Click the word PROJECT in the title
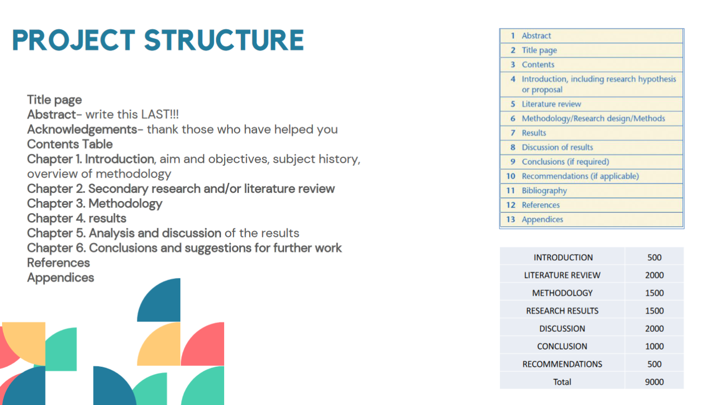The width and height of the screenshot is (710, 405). (x=74, y=40)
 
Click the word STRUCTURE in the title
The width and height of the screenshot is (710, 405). (x=224, y=40)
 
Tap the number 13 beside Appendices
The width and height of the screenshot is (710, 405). (x=510, y=219)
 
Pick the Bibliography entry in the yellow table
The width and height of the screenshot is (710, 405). (x=544, y=191)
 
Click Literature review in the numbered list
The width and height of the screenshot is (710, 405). (x=551, y=104)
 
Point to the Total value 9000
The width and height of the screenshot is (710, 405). (x=654, y=382)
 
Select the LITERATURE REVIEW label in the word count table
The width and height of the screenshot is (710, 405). (x=562, y=275)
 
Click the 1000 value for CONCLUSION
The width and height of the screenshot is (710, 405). (x=654, y=346)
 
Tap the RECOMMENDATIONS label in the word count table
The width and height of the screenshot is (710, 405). (x=562, y=364)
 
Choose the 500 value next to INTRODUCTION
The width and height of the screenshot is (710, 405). (x=654, y=257)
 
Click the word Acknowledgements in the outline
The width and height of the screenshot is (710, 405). (x=82, y=130)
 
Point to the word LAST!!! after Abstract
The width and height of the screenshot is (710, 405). (x=160, y=114)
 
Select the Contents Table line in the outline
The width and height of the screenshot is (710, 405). (x=69, y=144)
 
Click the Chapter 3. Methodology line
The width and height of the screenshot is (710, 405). (x=95, y=204)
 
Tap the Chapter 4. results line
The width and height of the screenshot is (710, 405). (x=76, y=218)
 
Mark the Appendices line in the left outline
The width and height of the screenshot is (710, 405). (x=61, y=278)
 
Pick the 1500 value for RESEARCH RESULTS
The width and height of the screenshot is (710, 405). (x=654, y=311)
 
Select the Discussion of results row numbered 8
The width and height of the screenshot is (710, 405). (x=557, y=147)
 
